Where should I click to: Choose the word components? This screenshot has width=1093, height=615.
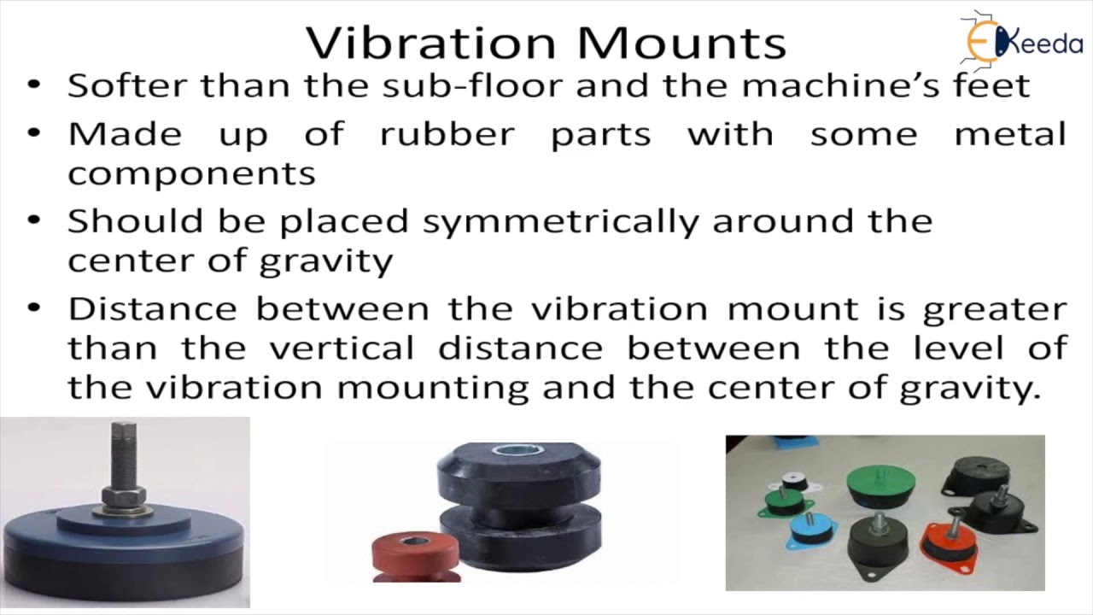pos(191,173)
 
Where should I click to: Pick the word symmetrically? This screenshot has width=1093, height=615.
pos(560,221)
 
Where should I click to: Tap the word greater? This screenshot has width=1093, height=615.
pos(994,308)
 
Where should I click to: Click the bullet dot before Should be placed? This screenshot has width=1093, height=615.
pos(34,220)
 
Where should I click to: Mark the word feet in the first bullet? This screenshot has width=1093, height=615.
pos(999,85)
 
